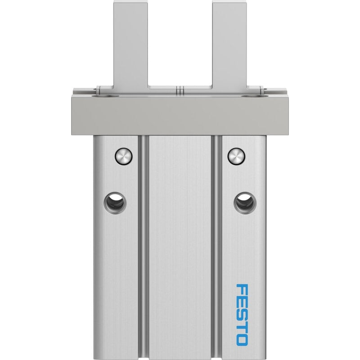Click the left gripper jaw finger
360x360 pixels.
(130, 46)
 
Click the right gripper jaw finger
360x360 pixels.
(229, 46)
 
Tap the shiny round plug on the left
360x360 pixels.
(124, 156)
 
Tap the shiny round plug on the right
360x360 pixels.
(237, 156)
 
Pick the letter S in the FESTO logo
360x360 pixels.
(242, 314)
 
